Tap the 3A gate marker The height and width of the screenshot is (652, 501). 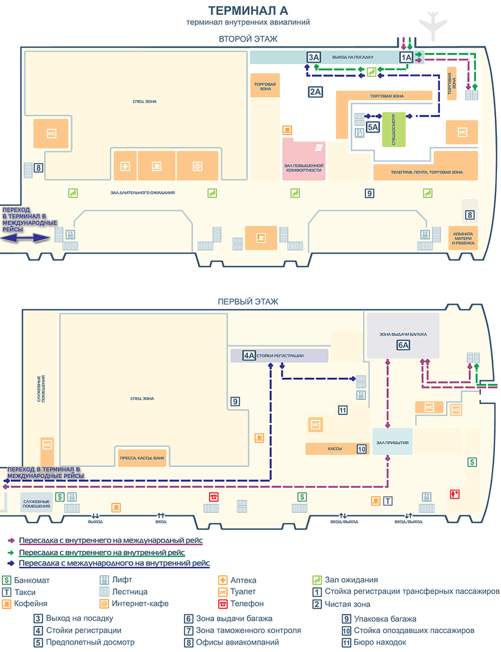click(x=313, y=57)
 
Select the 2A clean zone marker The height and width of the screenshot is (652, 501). click(x=315, y=92)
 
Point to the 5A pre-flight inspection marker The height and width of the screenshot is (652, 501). click(x=373, y=127)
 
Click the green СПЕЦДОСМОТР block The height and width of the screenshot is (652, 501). click(x=394, y=129)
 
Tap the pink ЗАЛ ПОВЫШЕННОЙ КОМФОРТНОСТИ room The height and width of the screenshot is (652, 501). click(x=304, y=159)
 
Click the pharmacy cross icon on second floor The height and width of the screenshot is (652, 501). click(x=125, y=165)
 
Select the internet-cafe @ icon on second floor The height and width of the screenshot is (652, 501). click(x=197, y=165)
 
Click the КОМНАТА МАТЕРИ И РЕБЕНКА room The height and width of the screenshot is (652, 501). click(x=463, y=238)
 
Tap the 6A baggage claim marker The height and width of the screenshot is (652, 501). click(x=403, y=346)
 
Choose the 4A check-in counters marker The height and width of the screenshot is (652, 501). click(x=249, y=355)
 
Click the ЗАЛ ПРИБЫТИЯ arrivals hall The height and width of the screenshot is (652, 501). click(x=392, y=442)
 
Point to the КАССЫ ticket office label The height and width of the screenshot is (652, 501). click(x=334, y=449)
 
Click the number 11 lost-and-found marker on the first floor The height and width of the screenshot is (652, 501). click(x=343, y=410)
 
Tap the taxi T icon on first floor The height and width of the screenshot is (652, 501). click(x=388, y=501)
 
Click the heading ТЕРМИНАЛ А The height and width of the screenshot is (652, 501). click(x=248, y=10)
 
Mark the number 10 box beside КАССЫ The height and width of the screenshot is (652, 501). click(x=361, y=449)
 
